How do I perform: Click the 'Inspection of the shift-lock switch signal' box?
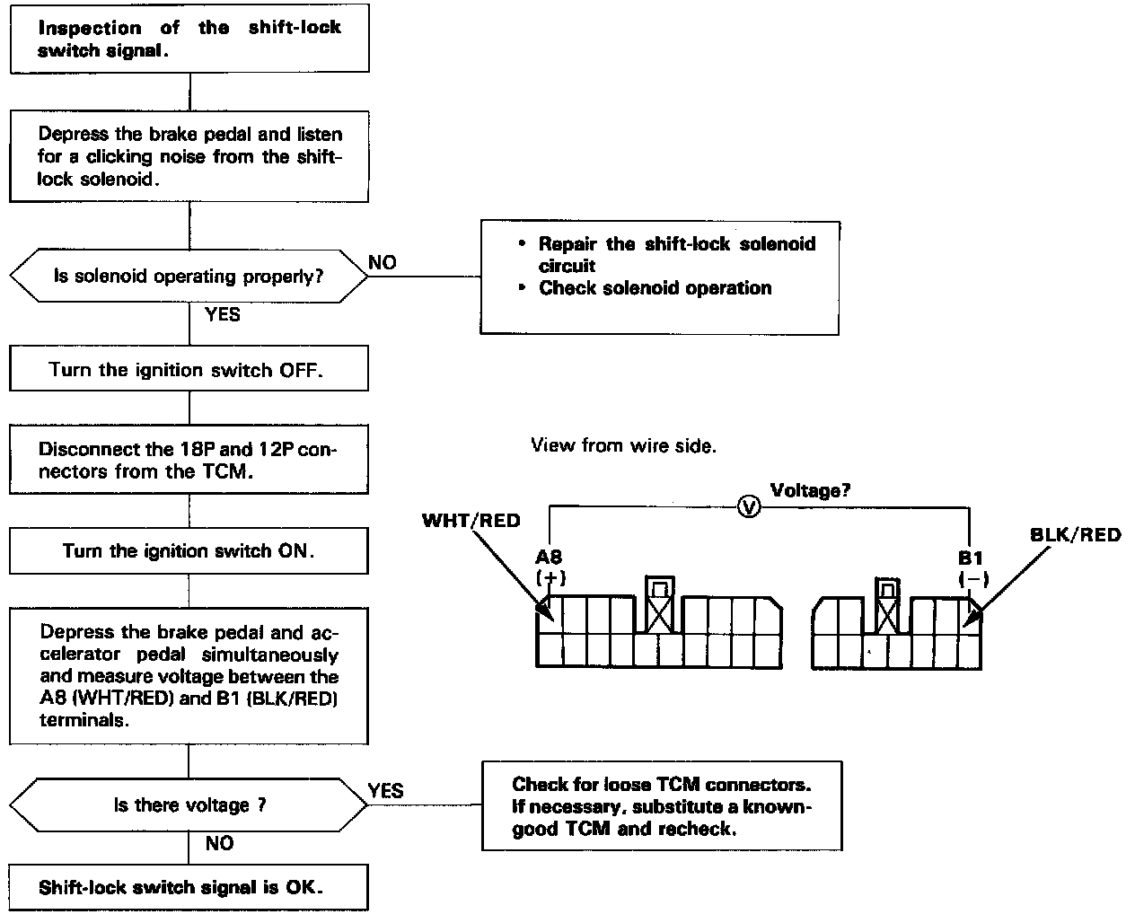pos(189,39)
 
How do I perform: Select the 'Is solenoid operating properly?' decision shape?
pos(189,276)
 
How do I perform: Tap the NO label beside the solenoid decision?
pos(382,262)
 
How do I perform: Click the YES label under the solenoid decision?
pos(222,314)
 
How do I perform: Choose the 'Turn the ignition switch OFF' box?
pos(189,370)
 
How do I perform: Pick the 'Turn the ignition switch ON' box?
pos(189,550)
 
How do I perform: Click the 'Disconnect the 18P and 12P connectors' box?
pos(189,460)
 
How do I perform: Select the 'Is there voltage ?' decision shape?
pos(189,805)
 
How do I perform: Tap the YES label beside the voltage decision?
pos(385,790)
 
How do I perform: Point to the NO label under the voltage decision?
pos(219,843)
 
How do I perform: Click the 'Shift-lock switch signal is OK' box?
pos(189,887)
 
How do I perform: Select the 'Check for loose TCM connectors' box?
pos(662,805)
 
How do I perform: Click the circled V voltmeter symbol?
pos(749,507)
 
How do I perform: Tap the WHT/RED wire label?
pos(471,521)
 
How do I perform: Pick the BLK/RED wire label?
pos(1076,535)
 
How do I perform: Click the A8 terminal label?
pos(549,558)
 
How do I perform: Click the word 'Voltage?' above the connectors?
pos(811,490)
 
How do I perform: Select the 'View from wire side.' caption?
pos(623,445)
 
